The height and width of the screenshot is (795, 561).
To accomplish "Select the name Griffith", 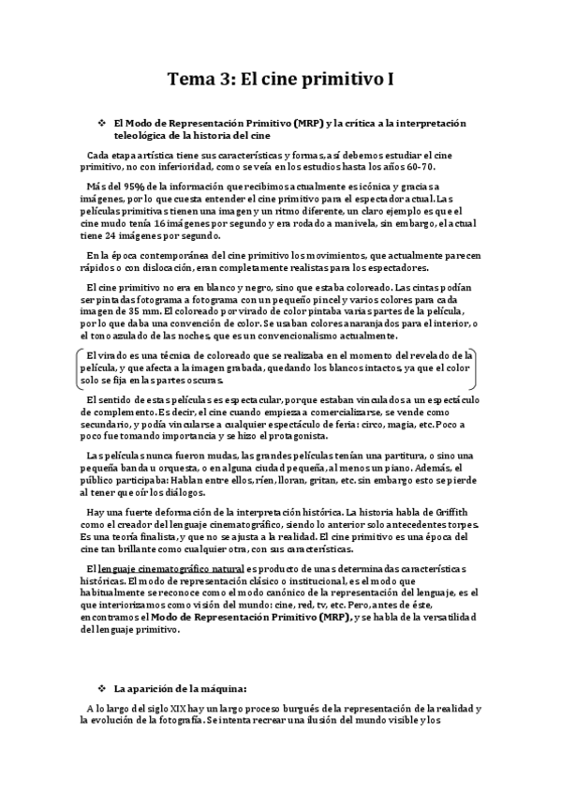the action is pyautogui.click(x=456, y=512).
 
